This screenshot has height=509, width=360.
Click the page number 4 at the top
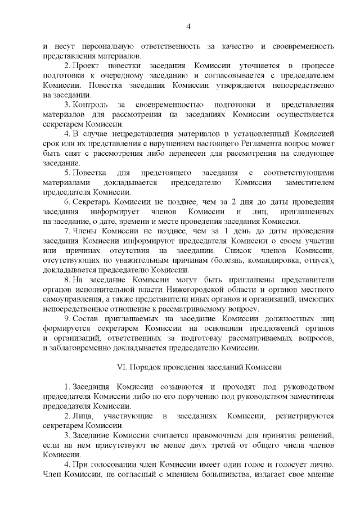pyautogui.click(x=189, y=26)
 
